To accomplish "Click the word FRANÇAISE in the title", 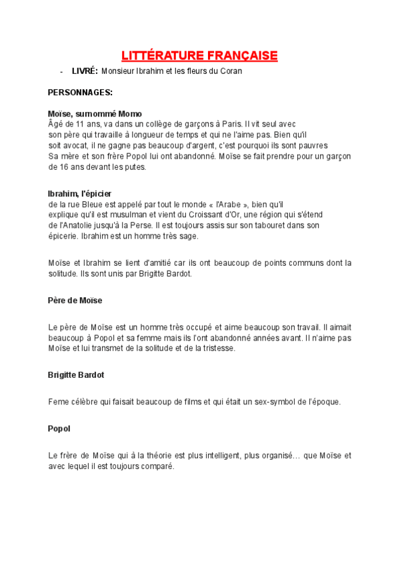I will (242, 56).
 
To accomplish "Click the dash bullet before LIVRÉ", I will (61, 71).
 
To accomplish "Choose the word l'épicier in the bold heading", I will (97, 193).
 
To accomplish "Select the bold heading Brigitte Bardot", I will (76, 375).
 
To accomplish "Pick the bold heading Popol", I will (59, 428).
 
